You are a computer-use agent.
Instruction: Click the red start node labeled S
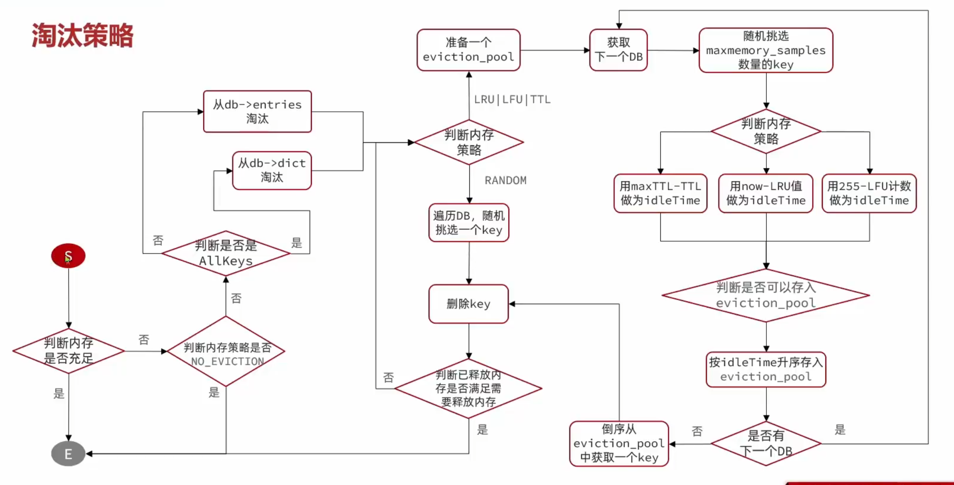[68, 256]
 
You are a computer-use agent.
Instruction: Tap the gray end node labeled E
[68, 454]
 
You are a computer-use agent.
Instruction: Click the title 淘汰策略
[82, 35]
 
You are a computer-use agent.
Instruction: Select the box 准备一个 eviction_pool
[468, 50]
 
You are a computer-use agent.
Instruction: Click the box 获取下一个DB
[618, 50]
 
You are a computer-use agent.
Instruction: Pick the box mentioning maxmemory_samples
[766, 50]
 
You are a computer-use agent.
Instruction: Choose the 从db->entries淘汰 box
[257, 112]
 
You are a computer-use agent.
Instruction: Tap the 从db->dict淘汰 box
[272, 171]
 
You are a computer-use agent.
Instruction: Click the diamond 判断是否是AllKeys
[226, 253]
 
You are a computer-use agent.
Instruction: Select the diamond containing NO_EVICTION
[226, 352]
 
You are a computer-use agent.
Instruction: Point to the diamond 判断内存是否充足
[69, 351]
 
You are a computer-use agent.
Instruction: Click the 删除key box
[468, 304]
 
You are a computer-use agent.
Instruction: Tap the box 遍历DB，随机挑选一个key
[469, 223]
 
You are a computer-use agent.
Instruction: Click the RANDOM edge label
[506, 180]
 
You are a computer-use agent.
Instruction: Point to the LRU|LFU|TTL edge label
[512, 99]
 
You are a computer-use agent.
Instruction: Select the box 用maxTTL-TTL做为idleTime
[660, 193]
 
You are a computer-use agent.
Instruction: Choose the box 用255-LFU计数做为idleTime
[869, 193]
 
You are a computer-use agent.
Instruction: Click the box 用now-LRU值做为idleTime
[766, 193]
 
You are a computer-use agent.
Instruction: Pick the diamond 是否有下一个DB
[766, 443]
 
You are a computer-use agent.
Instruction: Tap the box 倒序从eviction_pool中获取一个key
[619, 443]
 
